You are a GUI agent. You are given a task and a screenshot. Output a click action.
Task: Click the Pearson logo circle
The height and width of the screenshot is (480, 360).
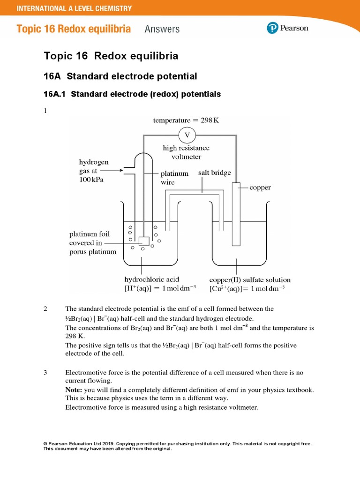tap(273, 28)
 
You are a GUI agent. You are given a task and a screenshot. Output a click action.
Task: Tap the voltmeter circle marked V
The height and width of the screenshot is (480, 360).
tap(187, 135)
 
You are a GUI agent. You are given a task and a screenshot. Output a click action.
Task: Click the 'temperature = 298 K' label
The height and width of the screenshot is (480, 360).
tap(186, 120)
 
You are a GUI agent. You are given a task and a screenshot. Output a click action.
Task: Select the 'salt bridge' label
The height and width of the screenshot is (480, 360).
tap(214, 172)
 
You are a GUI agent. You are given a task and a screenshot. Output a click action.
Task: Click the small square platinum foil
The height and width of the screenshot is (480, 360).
tap(143, 241)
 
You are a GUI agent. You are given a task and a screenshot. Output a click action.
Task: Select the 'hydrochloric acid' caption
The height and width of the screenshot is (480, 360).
tap(151, 279)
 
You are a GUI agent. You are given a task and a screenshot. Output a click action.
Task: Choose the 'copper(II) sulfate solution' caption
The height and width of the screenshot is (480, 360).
tap(250, 279)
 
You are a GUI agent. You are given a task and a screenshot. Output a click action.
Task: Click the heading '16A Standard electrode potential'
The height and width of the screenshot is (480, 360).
tap(120, 76)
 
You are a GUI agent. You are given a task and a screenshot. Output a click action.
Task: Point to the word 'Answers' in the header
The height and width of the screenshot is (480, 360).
tap(162, 29)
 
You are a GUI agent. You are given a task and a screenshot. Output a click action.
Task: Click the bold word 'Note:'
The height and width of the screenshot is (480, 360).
tap(74, 390)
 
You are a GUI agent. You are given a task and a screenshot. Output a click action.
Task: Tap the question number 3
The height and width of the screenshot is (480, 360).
tap(45, 373)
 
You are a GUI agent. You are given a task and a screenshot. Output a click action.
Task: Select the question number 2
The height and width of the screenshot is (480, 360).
tap(45, 309)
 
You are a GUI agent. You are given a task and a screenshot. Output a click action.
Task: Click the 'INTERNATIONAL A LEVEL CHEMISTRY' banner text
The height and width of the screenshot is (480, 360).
tap(74, 8)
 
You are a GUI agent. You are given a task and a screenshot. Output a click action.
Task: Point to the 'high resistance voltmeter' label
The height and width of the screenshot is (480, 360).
tap(186, 152)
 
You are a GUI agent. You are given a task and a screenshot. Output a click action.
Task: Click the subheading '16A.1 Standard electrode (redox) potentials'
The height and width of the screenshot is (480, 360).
tap(132, 94)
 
